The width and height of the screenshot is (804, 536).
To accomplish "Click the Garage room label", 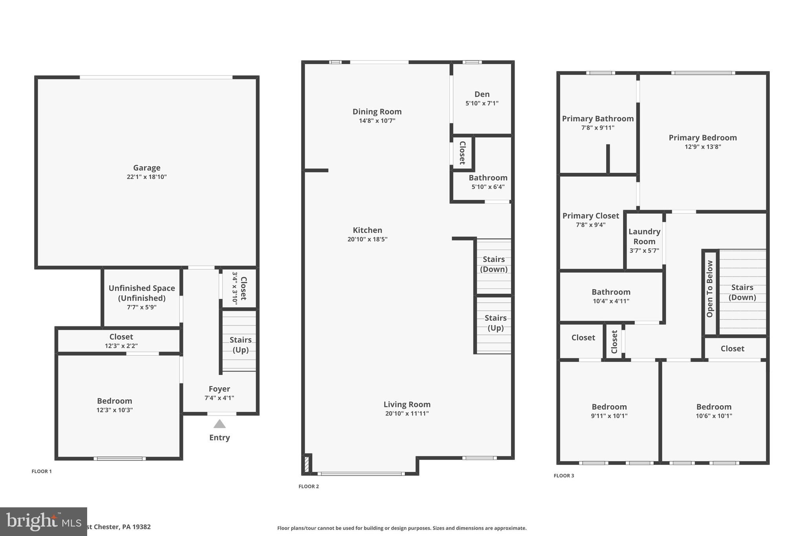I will point(146,168).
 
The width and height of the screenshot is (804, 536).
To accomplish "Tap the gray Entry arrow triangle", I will point(219,424).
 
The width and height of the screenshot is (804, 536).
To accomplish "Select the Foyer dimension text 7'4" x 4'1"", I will point(219,398).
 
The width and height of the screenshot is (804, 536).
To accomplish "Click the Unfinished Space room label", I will point(142,288).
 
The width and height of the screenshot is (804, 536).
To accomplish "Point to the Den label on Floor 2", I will point(482,94).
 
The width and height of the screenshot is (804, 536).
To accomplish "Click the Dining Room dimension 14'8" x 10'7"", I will point(377,121).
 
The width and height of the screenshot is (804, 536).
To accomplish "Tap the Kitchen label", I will point(367,230).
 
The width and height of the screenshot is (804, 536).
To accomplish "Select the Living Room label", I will point(407,404).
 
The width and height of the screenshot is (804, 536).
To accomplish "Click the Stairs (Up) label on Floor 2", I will point(495,323).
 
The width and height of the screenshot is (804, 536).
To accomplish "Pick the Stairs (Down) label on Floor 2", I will point(493,264).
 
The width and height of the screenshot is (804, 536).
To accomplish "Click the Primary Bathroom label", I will point(598,119).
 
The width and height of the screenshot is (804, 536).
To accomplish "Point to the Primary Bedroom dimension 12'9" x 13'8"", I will point(703,147).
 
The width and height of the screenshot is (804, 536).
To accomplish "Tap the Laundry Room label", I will point(644,236).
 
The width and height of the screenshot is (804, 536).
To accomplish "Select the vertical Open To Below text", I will point(709,289).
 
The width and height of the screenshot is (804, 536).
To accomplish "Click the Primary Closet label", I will point(590,216).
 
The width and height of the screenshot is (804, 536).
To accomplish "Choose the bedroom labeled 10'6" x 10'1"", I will point(714,411).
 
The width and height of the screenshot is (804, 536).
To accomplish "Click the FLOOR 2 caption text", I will point(309,487).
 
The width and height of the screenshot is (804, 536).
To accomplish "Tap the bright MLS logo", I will point(43,521).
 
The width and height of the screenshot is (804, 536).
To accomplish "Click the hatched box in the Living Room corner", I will point(307,464).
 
